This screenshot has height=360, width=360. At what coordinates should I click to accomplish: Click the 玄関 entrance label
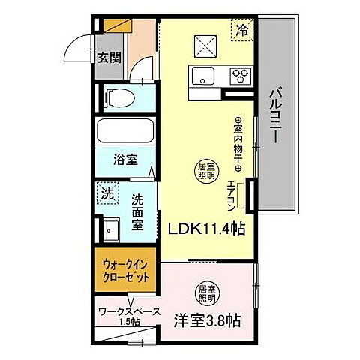click(108, 57)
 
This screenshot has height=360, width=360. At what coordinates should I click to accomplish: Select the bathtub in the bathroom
click(126, 133)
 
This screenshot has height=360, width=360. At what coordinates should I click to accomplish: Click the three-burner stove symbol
click(241, 74)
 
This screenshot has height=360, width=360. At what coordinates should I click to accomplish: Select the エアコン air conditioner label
click(241, 197)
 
